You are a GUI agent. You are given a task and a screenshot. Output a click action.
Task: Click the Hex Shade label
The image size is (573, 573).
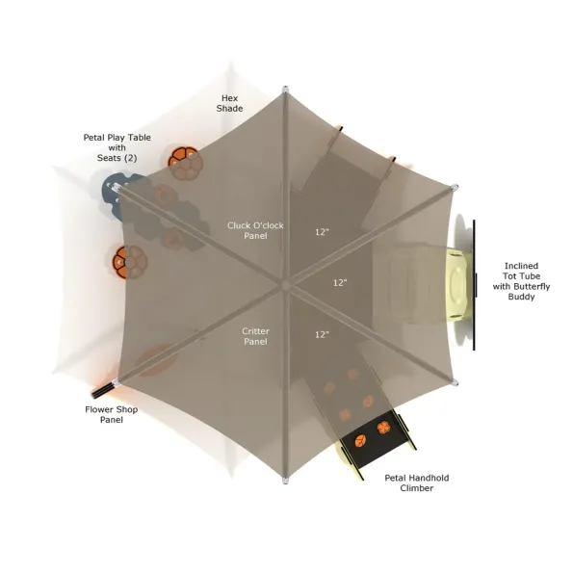229,103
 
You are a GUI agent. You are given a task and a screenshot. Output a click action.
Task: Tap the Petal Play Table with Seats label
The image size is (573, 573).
117,147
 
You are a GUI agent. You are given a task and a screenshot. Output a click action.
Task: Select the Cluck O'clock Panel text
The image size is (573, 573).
255,230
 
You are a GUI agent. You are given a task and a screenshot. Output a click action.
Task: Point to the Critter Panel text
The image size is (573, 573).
255,336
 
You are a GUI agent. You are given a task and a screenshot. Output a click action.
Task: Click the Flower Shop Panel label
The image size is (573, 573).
112,414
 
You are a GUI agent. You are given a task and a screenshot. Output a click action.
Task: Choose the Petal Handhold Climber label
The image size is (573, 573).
417,482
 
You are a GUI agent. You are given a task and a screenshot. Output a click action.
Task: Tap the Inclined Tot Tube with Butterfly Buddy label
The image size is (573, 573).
521,281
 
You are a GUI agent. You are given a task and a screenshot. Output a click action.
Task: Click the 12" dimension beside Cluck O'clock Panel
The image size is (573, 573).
322,232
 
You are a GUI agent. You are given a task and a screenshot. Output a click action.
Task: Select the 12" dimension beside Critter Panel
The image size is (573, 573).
322,334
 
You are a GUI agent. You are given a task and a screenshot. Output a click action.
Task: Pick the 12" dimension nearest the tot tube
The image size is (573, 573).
340,282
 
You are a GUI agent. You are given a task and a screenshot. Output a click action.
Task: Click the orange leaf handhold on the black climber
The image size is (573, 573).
361,441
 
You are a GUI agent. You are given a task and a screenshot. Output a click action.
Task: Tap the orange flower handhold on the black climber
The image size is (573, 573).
383,428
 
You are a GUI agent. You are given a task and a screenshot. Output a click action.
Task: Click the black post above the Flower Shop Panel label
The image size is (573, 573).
103,391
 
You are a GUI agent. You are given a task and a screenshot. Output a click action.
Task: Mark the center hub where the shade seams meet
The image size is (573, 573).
286,285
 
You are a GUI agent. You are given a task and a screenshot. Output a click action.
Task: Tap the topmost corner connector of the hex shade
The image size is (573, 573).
285,90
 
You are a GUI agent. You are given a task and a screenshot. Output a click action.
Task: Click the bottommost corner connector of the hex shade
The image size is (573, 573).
285,481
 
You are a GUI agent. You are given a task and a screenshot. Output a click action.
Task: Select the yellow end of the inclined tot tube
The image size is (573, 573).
458,284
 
